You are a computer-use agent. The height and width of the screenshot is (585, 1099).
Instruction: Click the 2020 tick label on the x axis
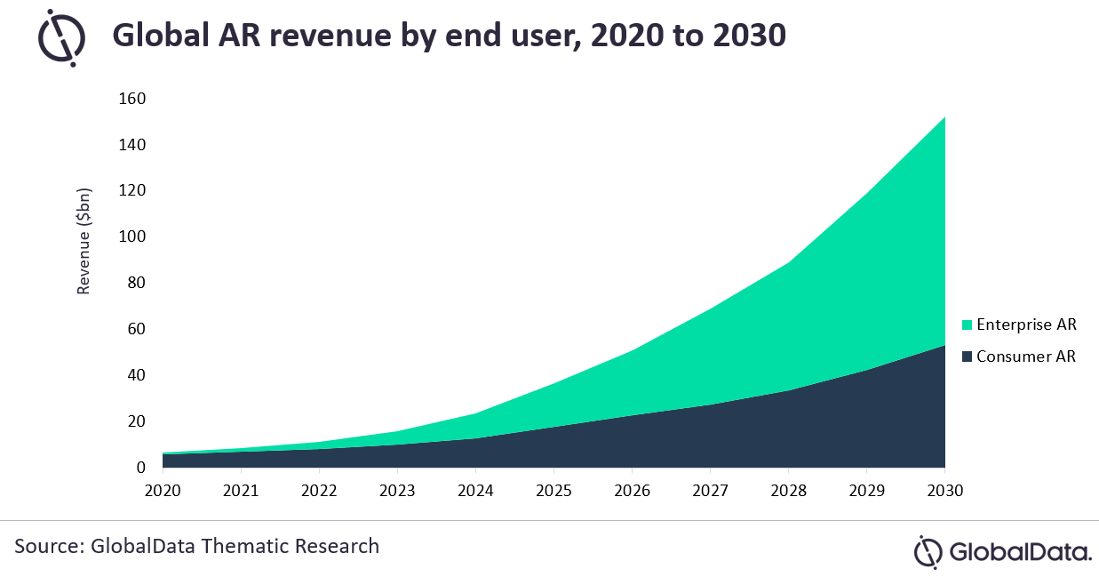[x=163, y=490]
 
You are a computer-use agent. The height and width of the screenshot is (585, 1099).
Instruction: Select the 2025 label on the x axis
[x=553, y=490]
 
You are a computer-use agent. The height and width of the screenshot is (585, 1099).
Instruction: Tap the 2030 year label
[x=944, y=490]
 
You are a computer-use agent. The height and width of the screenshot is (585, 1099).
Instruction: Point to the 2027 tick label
[x=709, y=490]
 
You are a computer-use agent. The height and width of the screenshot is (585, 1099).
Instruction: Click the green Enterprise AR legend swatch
[x=968, y=325]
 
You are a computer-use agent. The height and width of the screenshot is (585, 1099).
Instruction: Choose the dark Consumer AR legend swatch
[x=968, y=357]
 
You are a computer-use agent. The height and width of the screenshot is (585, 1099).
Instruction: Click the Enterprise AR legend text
[x=1026, y=325]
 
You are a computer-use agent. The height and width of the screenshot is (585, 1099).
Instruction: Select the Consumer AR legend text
[x=1026, y=357]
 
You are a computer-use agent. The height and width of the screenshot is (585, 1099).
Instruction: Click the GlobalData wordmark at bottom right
[x=1020, y=551]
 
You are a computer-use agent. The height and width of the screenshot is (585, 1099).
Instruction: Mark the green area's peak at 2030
[x=944, y=117]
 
